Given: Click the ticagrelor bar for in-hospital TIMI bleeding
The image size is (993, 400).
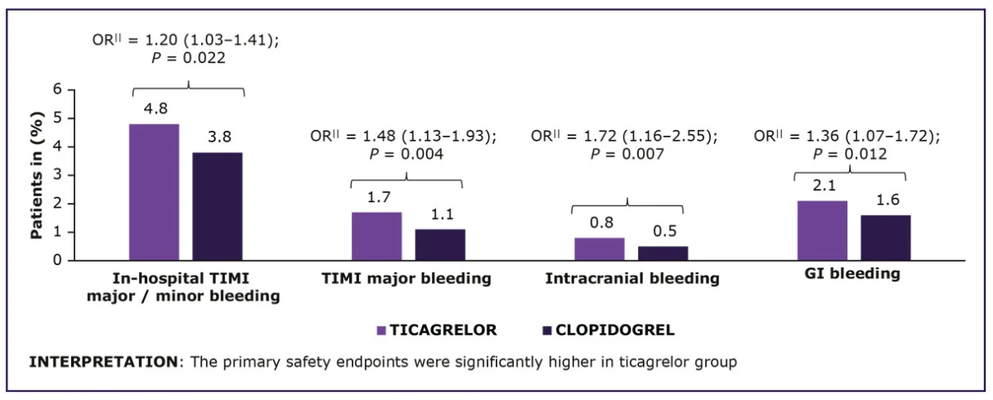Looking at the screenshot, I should (x=154, y=192).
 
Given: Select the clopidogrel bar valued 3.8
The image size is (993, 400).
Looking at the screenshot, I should (x=218, y=206).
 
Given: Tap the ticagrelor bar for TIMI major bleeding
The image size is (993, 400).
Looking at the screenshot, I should (x=377, y=236).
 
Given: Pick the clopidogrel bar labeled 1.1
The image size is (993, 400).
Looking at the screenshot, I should (x=440, y=244).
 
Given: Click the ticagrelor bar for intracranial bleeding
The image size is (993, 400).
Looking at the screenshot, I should (x=599, y=248).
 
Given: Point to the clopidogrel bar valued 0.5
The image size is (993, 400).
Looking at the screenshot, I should (x=663, y=253).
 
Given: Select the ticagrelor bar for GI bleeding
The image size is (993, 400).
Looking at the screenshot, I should (x=822, y=230).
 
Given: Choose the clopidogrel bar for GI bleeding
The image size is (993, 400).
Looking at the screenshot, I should (x=885, y=238).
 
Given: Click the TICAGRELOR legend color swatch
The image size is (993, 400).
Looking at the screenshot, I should (x=381, y=330).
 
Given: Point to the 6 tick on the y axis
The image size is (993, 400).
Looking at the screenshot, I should (x=58, y=89).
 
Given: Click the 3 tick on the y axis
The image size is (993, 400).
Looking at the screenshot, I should (x=58, y=175).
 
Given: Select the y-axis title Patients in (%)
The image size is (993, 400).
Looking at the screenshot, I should (x=36, y=176).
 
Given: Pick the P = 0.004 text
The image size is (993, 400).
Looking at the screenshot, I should (x=406, y=154).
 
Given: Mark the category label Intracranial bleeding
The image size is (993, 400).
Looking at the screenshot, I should (x=631, y=279).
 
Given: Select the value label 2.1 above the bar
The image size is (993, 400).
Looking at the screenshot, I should (x=822, y=186).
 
